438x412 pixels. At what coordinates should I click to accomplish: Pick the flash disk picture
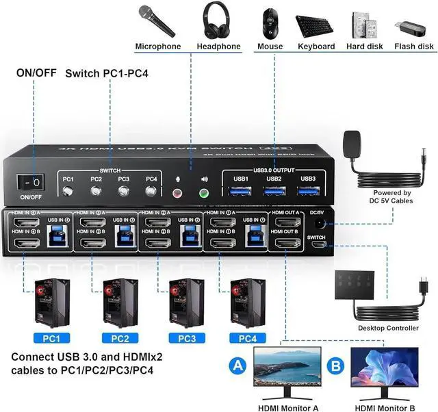click(413, 27)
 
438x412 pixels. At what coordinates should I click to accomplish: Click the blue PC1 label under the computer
click(51, 337)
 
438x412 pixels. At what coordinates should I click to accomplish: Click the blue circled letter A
click(237, 366)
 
